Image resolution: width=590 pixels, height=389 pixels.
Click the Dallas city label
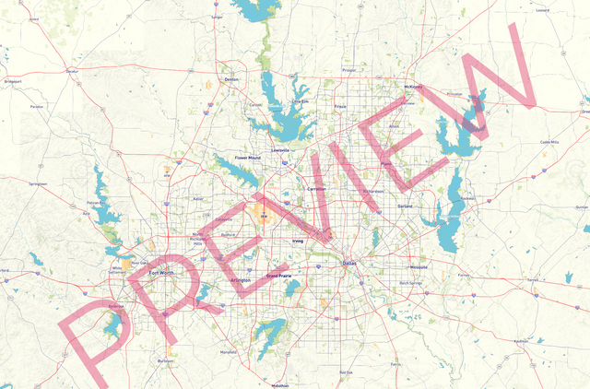348,263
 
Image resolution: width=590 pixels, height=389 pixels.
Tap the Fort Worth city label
160,273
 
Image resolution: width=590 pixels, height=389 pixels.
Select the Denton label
231,80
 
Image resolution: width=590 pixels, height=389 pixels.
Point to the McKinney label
413,87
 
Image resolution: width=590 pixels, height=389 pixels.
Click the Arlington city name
241,278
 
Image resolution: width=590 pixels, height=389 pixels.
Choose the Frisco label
340,106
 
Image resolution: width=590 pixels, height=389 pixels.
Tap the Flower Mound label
248,158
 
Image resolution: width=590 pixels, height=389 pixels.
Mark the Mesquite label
419,266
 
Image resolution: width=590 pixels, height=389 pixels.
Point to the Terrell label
532,279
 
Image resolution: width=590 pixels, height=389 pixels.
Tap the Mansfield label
229,352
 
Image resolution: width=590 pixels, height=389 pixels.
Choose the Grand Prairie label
278,276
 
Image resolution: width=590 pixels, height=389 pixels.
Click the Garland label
405,206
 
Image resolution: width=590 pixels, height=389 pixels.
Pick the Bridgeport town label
13,81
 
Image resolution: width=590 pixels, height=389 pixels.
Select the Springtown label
38,183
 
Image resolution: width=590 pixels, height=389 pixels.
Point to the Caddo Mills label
549,142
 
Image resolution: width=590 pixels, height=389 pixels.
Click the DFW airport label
265,218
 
